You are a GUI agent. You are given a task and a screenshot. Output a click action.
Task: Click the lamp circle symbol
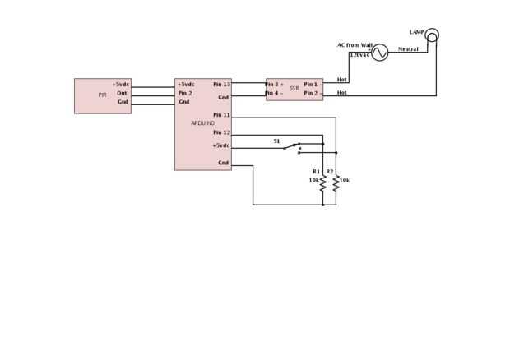(432, 35)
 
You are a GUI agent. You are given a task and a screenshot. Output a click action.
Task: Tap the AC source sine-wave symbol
(379, 53)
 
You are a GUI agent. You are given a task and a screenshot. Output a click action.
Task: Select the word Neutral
(408, 49)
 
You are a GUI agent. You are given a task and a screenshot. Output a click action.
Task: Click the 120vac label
(359, 54)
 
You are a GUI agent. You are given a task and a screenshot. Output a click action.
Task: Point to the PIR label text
(103, 95)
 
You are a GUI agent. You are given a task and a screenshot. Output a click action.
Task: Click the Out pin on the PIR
(122, 93)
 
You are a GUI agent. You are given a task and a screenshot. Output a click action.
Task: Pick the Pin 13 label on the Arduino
(221, 84)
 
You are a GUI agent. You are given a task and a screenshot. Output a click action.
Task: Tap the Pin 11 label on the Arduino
(221, 115)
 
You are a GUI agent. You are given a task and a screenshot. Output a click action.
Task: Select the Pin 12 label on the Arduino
(221, 132)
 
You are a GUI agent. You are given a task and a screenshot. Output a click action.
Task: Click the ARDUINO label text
(202, 123)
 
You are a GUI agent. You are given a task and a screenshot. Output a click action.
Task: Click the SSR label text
(294, 88)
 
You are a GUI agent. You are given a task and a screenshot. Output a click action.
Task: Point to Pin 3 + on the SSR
(275, 84)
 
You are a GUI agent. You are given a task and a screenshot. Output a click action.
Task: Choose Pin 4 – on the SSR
(275, 93)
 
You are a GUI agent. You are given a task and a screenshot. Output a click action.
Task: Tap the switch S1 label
(276, 141)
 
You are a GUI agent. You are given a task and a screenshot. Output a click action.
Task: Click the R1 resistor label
(316, 172)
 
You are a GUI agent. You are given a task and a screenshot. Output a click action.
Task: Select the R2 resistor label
(329, 172)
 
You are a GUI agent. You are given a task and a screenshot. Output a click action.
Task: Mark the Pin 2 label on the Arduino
(185, 93)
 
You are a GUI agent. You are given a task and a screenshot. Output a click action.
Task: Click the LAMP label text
(416, 32)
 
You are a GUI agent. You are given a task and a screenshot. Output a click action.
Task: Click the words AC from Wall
(355, 45)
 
